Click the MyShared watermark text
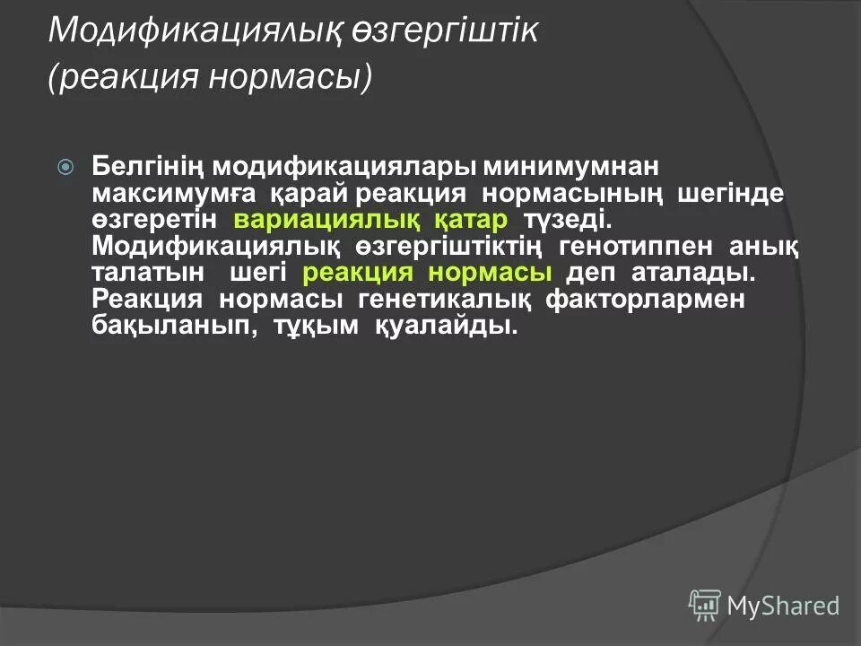[783, 606]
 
